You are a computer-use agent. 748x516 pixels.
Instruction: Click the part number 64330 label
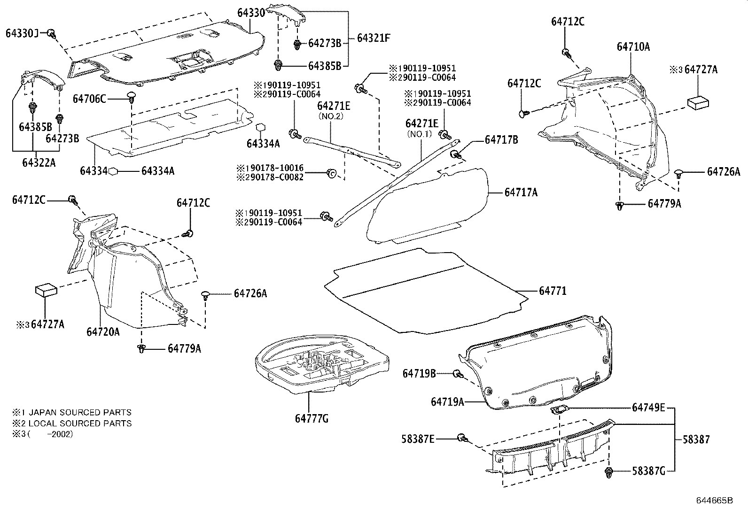tap(251, 13)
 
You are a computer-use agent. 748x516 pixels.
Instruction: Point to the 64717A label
tap(521, 192)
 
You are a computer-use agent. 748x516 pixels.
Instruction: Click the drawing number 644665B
tap(715, 501)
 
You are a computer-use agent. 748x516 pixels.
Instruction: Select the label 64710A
tap(633, 46)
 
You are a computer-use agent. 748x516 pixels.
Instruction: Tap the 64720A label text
tap(103, 332)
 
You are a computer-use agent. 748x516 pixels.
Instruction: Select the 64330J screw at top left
tap(52, 33)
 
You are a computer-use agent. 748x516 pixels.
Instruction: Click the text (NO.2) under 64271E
tap(332, 116)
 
